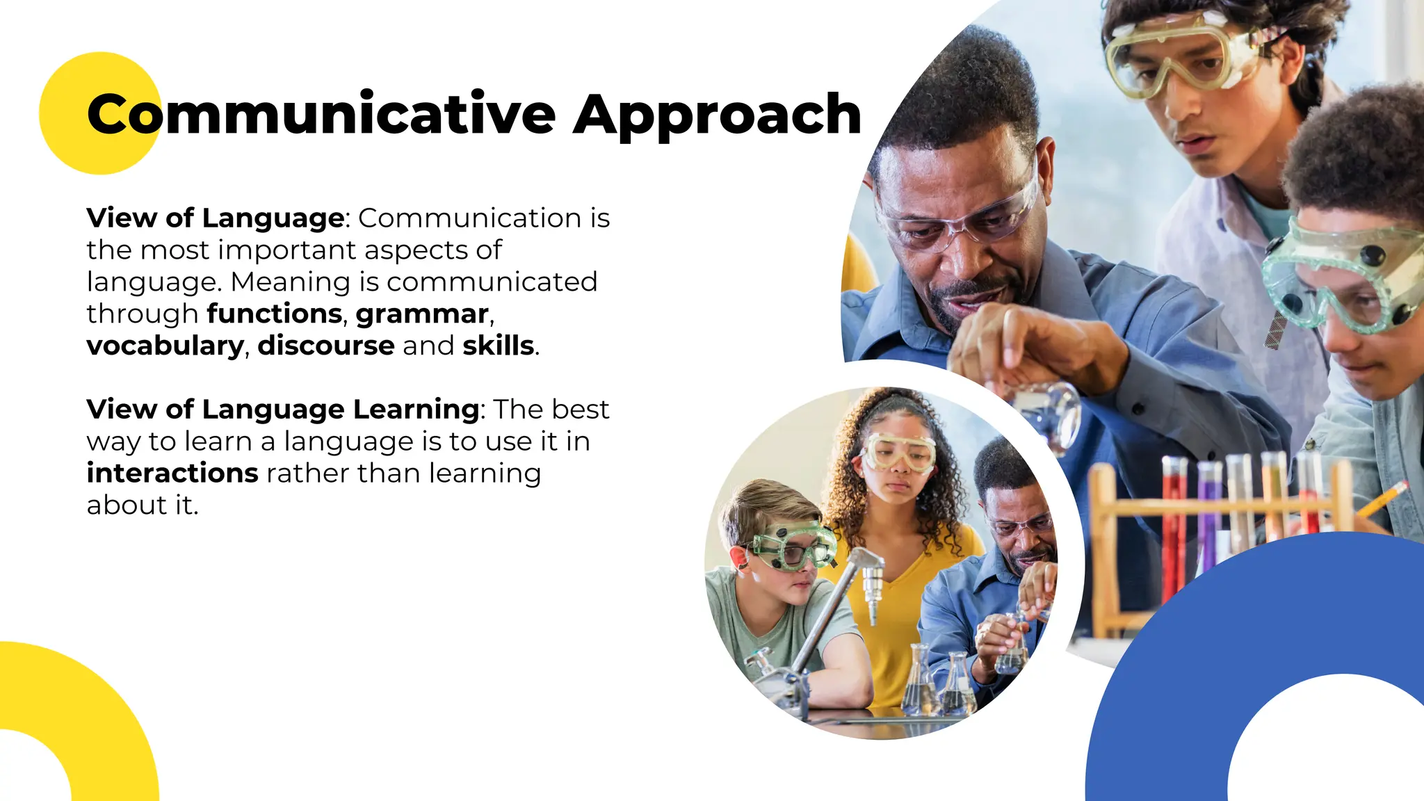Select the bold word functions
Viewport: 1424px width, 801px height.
pos(275,314)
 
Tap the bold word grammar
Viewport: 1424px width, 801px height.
pos(422,314)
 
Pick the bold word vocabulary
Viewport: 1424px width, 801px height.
pos(165,346)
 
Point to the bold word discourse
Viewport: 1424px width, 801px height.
pos(326,346)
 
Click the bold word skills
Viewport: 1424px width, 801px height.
pos(499,346)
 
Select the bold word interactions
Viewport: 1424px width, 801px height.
pos(172,474)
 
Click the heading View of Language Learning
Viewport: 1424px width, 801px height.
pos(283,410)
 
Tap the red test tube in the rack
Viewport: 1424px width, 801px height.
pos(1174,528)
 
